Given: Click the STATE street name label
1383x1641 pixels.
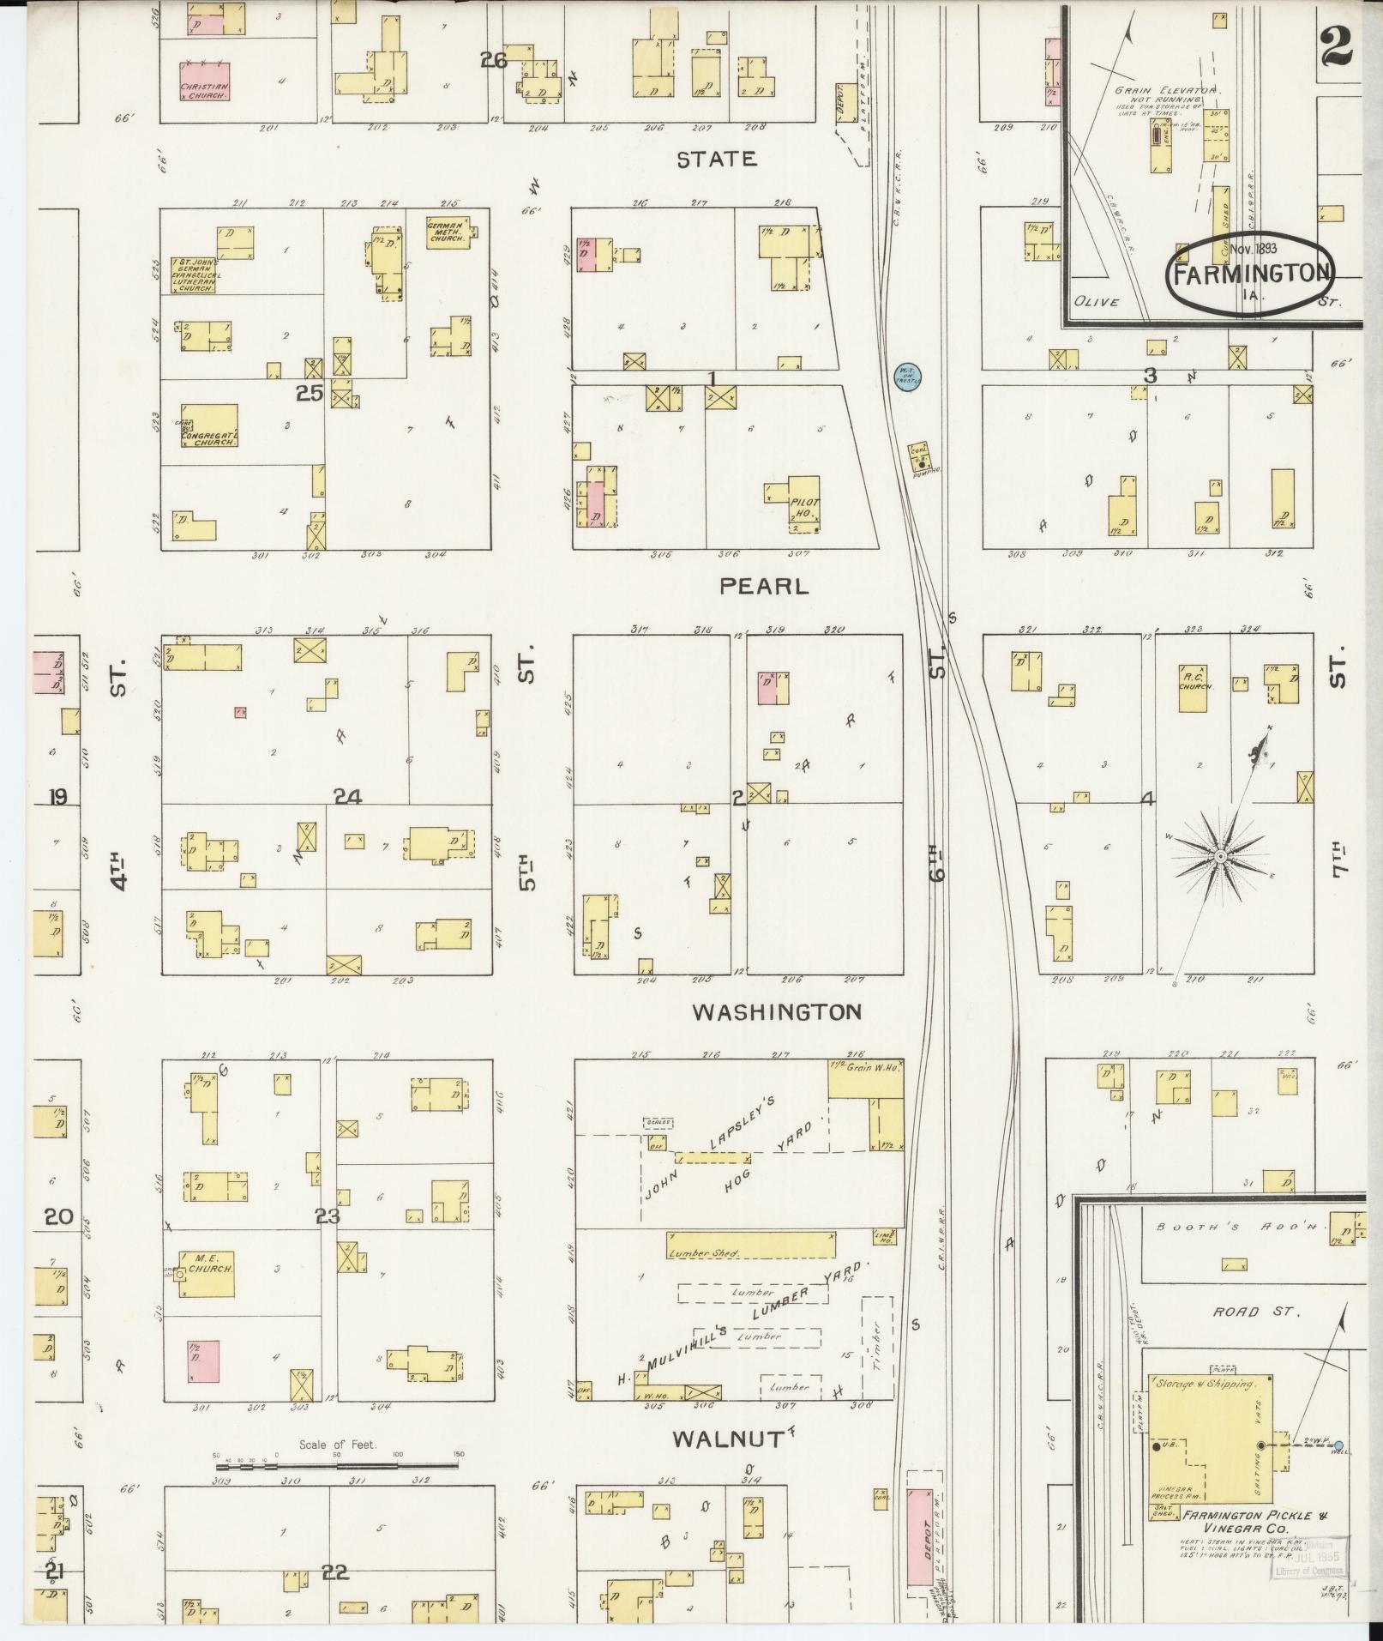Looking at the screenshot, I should click(716, 159).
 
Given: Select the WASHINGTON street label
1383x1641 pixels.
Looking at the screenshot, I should click(776, 1012).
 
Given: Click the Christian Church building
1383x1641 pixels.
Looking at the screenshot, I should click(204, 81).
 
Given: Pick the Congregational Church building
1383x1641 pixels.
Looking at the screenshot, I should click(209, 426).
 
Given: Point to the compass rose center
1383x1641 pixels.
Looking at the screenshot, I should click(1218, 856).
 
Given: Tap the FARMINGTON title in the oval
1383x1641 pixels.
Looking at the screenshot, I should click(1250, 274).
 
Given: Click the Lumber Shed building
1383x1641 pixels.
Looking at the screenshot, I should click(750, 1245).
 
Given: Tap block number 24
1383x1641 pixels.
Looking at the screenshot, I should click(347, 798).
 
